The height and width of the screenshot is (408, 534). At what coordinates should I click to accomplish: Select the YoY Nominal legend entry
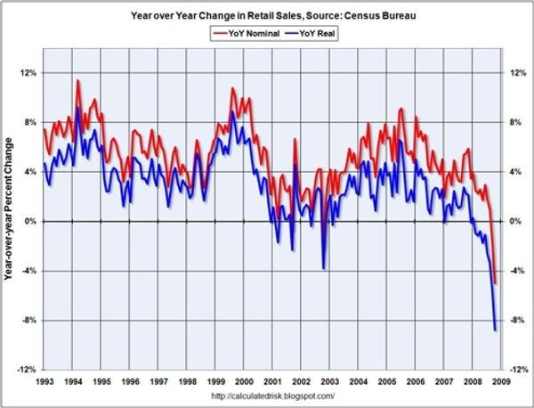click(x=243, y=34)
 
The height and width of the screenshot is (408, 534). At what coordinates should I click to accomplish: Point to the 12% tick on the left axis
click(x=27, y=73)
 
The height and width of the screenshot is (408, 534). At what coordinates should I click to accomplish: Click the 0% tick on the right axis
click(x=514, y=221)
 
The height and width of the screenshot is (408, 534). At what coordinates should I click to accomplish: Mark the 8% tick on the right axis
click(x=514, y=122)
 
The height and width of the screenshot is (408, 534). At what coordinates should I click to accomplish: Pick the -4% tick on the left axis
click(x=27, y=271)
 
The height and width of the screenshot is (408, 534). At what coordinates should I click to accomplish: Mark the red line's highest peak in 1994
click(x=77, y=80)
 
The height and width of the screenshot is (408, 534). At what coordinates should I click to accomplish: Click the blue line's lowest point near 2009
click(x=495, y=330)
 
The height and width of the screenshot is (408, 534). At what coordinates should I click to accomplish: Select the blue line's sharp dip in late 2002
click(x=324, y=268)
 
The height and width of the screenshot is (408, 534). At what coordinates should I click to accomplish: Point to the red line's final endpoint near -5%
click(x=496, y=283)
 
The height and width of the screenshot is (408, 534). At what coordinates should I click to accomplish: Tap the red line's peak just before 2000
click(x=232, y=88)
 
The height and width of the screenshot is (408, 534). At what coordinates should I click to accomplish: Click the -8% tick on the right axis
click(x=514, y=320)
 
